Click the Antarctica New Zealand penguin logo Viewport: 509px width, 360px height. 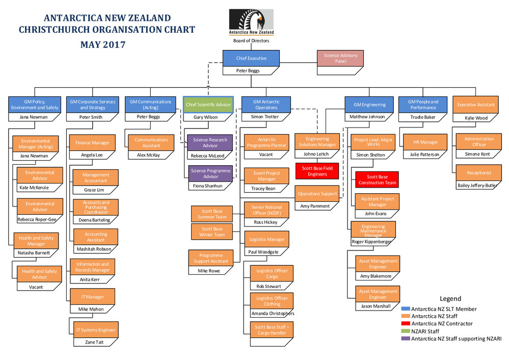[251, 23]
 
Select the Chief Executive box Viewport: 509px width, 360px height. [251, 58]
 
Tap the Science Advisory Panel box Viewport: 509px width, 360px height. [340, 58]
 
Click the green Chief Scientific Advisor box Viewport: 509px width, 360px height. [208, 105]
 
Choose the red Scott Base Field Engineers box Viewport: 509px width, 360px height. [317, 171]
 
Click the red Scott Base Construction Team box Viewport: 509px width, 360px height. [377, 179]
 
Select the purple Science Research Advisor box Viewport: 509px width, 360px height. [210, 142]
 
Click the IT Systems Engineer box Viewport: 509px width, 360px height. [96, 330]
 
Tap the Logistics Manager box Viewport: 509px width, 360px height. [267, 239]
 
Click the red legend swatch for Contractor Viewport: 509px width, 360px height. [406, 323]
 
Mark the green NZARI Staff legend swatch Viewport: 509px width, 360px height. [406, 331]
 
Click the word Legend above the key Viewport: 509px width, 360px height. [450, 299]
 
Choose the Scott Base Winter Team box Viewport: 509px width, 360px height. [212, 232]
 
